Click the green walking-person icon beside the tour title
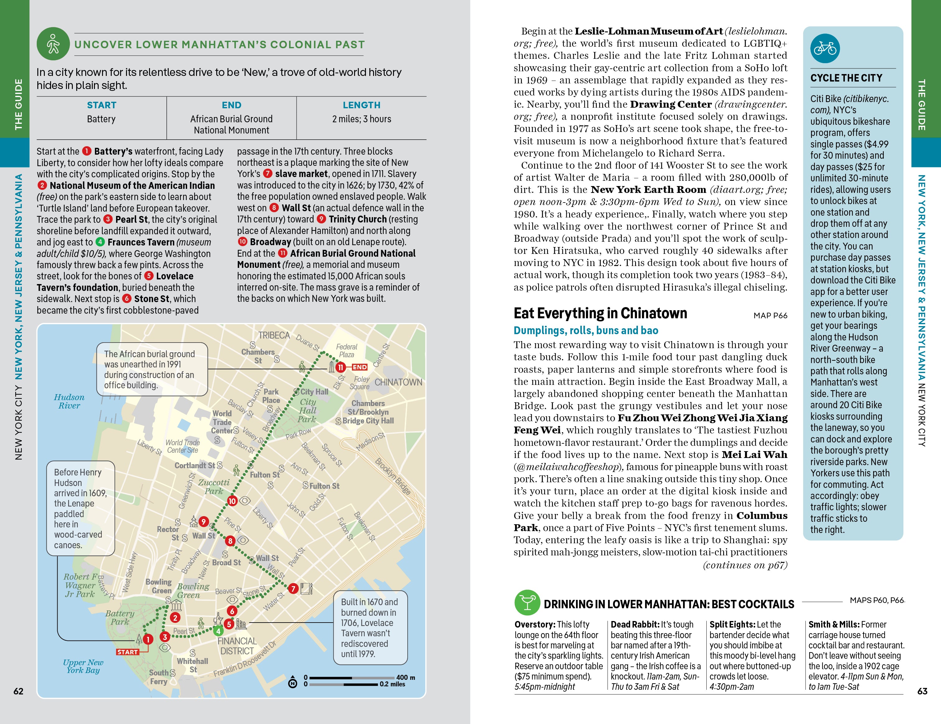pyautogui.click(x=53, y=44)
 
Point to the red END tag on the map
pyautogui.click(x=359, y=367)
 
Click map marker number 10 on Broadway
pyautogui.click(x=232, y=501)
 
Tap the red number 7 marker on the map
pyautogui.click(x=293, y=588)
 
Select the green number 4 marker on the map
pyautogui.click(x=218, y=631)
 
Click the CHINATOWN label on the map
pyautogui.click(x=398, y=382)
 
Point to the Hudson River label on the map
pyautogui.click(x=69, y=401)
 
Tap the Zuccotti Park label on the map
pyautogui.click(x=214, y=487)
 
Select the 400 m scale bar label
pyautogui.click(x=405, y=677)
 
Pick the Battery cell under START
pyautogui.click(x=101, y=119)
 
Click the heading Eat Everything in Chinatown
pyautogui.click(x=600, y=313)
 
